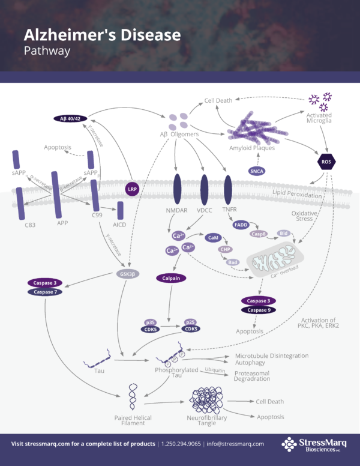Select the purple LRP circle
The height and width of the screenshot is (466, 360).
133,189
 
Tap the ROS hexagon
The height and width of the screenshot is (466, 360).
326,162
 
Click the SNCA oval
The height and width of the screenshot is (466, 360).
257,171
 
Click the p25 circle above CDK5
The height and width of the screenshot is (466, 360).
191,322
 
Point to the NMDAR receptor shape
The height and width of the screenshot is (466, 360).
178,189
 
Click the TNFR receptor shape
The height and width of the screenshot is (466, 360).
228,189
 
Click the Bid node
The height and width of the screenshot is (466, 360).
283,232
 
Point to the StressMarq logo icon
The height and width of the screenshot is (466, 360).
290,444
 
